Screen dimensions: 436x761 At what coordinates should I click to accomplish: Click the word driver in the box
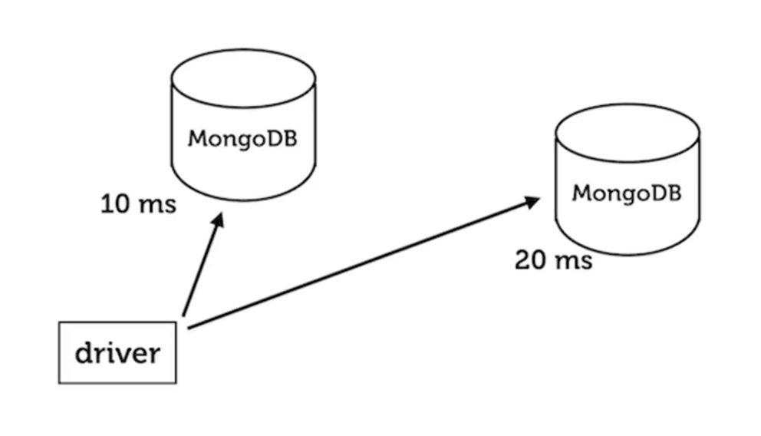[118, 354]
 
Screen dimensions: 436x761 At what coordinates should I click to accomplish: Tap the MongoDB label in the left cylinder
[242, 140]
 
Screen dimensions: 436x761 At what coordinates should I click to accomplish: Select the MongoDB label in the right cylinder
[627, 192]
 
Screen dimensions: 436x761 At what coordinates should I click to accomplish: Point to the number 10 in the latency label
[115, 205]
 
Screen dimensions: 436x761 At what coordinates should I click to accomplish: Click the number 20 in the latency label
[530, 260]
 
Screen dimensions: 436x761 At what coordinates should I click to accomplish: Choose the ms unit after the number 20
[573, 260]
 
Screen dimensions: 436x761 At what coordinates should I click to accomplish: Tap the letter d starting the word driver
[84, 353]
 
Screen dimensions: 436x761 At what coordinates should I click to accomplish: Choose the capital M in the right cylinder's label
[581, 192]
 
